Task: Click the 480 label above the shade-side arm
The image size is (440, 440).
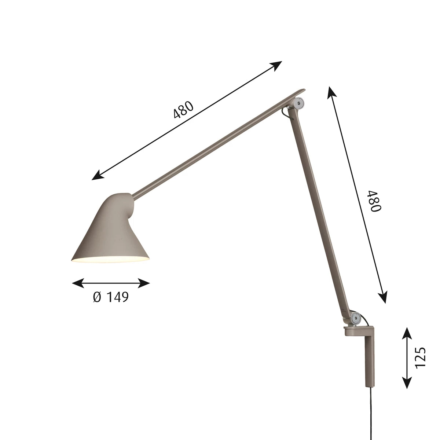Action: [183, 110]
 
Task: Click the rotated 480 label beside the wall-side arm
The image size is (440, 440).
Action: [376, 201]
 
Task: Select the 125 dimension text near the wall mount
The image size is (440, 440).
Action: [421, 357]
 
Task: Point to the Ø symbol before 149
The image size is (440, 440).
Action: [97, 297]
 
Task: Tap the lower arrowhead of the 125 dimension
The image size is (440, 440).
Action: [407, 383]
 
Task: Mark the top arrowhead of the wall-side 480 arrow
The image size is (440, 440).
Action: [331, 92]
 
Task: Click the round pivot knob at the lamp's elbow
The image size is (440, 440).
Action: [301, 103]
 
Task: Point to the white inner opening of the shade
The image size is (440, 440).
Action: [110, 260]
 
